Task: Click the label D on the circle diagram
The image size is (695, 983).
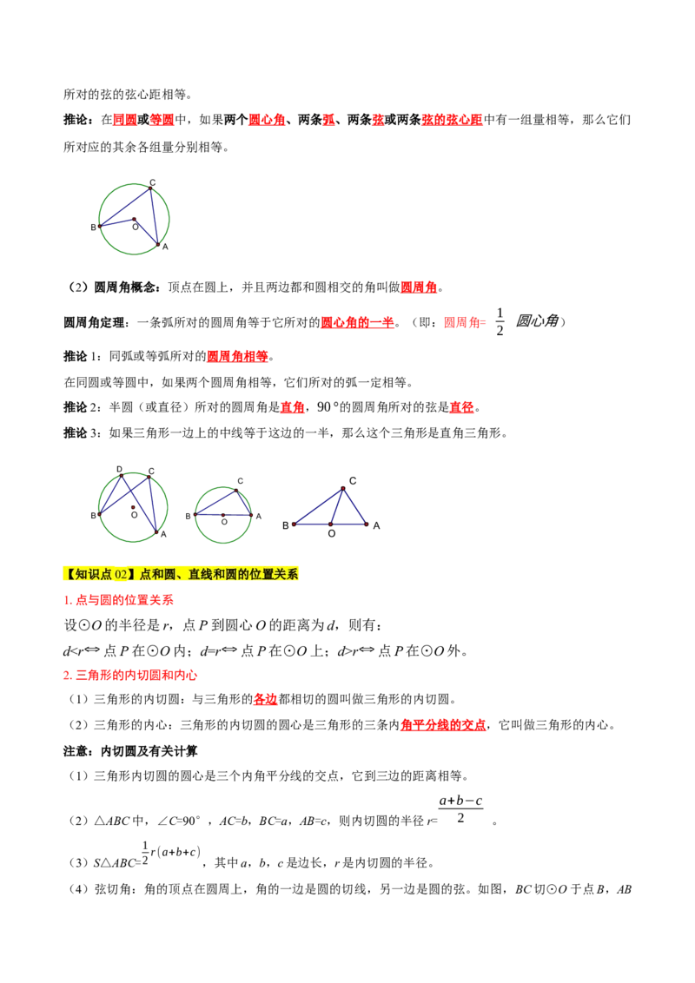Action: pyautogui.click(x=119, y=469)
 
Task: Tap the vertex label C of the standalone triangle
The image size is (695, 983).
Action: pyautogui.click(x=353, y=481)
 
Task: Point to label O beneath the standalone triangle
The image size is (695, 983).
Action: pyautogui.click(x=332, y=533)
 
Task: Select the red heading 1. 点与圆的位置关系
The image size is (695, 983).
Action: pyautogui.click(x=118, y=600)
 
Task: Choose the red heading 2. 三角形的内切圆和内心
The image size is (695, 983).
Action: pyautogui.click(x=130, y=676)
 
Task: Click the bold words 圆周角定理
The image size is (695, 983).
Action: pyautogui.click(x=94, y=322)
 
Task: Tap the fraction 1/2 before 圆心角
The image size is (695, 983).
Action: pyautogui.click(x=500, y=321)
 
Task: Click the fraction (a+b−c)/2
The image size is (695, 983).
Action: pyautogui.click(x=460, y=808)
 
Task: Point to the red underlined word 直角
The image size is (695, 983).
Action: pyautogui.click(x=292, y=407)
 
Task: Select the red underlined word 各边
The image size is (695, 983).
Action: pyautogui.click(x=265, y=699)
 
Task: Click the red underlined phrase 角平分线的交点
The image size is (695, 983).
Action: pyautogui.click(x=443, y=725)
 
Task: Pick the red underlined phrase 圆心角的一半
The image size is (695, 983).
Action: pyautogui.click(x=358, y=322)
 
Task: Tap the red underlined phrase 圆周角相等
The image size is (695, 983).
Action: pyautogui.click(x=237, y=356)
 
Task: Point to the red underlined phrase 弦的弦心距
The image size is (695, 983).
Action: pyautogui.click(x=453, y=119)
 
